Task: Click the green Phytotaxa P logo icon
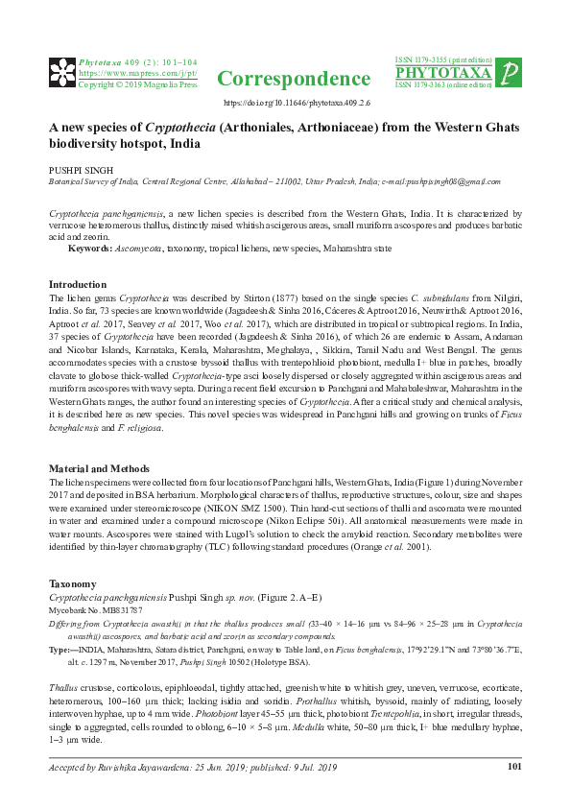[511, 72]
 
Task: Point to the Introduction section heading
[77, 285]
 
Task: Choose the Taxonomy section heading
[72, 583]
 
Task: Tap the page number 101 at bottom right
[514, 766]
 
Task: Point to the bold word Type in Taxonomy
[58, 650]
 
